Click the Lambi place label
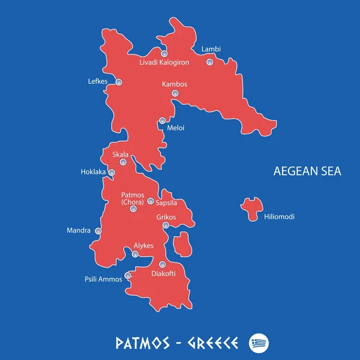[211, 49]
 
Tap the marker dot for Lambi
[209, 62]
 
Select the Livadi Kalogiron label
[164, 62]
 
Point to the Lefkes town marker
[119, 82]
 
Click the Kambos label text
[175, 84]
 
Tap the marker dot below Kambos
[175, 94]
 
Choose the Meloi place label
[176, 128]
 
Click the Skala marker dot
[123, 162]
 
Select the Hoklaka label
[93, 172]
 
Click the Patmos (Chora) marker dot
[133, 209]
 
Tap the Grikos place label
[166, 217]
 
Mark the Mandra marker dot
[98, 231]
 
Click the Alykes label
[143, 245]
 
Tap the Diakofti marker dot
[161, 265]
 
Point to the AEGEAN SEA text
[307, 171]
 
